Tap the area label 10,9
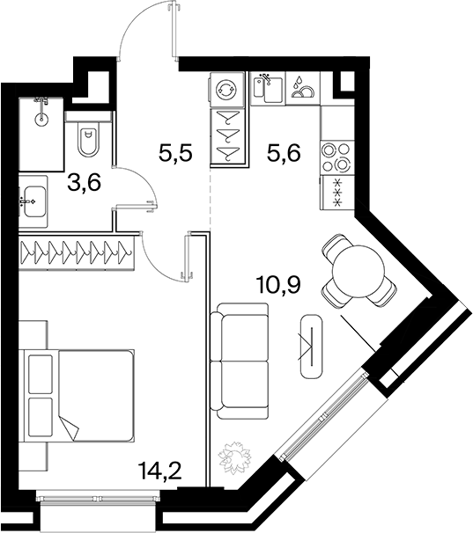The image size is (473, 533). coord(279,284)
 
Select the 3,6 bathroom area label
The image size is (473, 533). coord(84,183)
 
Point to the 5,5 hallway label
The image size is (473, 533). coord(175,152)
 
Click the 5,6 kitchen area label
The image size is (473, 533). coord(284,152)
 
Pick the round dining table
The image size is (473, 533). coord(358,271)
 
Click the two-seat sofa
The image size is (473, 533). coord(240,361)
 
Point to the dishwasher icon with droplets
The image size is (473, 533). coord(303,88)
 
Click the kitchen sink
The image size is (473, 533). coord(269,88)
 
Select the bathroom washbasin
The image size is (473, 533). coord(33,201)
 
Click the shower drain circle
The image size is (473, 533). coord(41,119)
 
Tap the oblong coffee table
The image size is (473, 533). coord(311,345)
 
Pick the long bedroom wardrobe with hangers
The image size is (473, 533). coord(77,252)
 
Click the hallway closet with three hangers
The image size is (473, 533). coord(228,136)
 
